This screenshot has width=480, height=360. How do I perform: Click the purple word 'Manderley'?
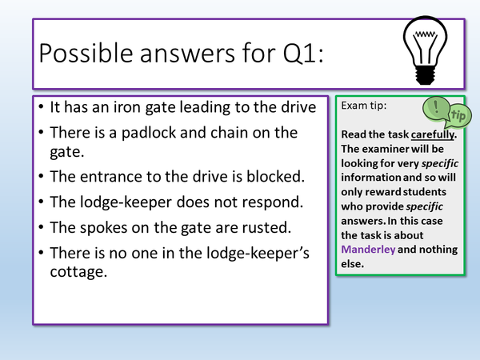click(x=368, y=249)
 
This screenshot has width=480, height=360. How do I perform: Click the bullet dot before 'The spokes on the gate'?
click(x=42, y=226)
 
